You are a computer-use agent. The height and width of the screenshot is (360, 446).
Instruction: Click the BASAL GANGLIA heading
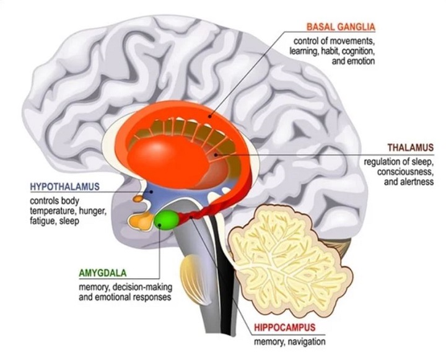point(340,27)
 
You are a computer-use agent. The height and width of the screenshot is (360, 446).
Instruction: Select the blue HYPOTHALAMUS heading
point(64,187)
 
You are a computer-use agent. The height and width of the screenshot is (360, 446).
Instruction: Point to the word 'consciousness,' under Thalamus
point(405,172)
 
